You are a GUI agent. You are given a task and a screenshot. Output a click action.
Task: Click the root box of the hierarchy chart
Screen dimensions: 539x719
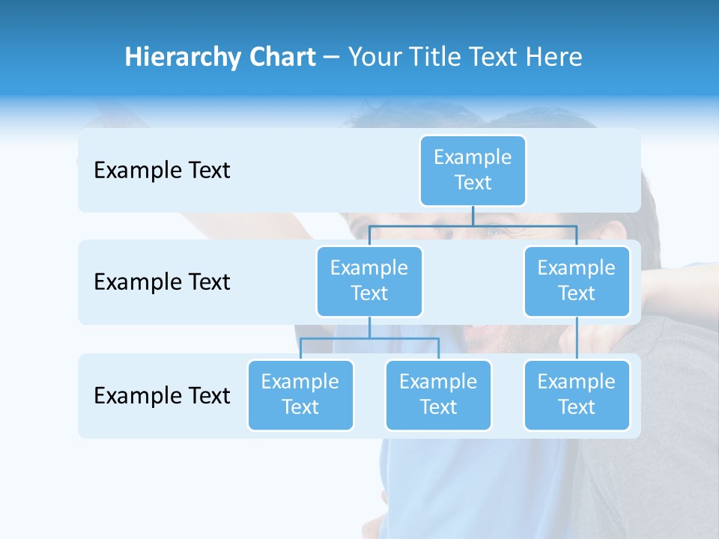point(473,170)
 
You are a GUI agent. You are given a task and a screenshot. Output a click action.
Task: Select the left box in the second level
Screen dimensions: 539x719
point(369,281)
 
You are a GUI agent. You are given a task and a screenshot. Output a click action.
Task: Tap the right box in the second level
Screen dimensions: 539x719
point(577,281)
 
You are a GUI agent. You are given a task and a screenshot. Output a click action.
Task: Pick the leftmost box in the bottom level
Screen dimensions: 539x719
point(300,395)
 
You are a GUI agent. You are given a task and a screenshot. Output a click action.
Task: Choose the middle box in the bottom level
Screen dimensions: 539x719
point(438,395)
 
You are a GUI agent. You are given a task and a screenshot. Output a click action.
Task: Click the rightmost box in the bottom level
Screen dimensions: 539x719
point(577,395)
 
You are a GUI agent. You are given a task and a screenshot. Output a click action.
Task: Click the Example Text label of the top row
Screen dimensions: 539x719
point(162,171)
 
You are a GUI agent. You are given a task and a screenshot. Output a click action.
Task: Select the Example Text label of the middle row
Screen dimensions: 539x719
point(162,282)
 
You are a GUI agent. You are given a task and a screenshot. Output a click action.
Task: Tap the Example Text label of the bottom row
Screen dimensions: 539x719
point(162,395)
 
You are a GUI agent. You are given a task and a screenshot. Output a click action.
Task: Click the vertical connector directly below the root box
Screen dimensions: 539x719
point(473,216)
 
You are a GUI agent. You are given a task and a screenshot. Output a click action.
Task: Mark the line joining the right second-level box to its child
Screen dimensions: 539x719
point(577,338)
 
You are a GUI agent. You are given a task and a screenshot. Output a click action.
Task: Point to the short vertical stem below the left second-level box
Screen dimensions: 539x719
point(369,328)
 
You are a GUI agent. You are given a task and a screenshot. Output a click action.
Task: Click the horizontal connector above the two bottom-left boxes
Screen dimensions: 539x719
point(369,338)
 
